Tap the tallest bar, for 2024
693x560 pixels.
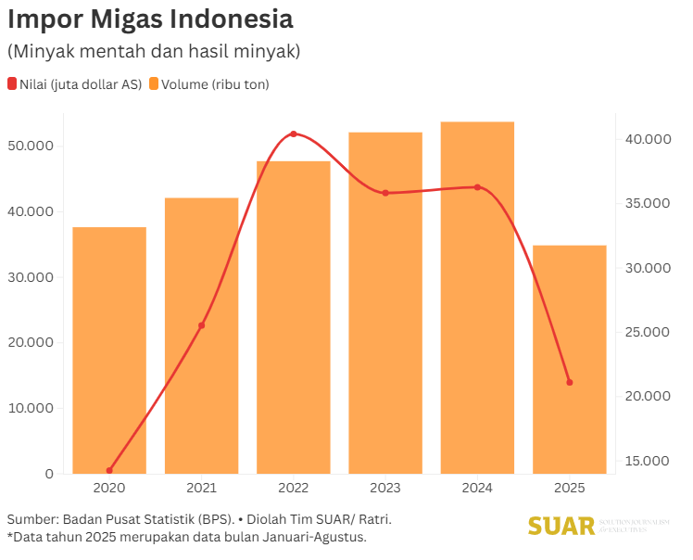(x=477, y=298)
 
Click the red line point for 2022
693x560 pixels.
(x=294, y=134)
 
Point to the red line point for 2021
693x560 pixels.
(x=202, y=325)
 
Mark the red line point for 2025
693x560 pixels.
(x=569, y=382)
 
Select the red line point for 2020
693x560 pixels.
(x=109, y=470)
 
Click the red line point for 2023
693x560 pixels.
(x=385, y=193)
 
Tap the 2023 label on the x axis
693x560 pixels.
(x=385, y=488)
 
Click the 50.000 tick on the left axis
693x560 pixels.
(x=30, y=146)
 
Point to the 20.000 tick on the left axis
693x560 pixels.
(x=30, y=343)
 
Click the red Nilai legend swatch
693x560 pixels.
(x=12, y=84)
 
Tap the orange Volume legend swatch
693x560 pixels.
(x=154, y=84)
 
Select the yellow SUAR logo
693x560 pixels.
(x=561, y=526)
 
